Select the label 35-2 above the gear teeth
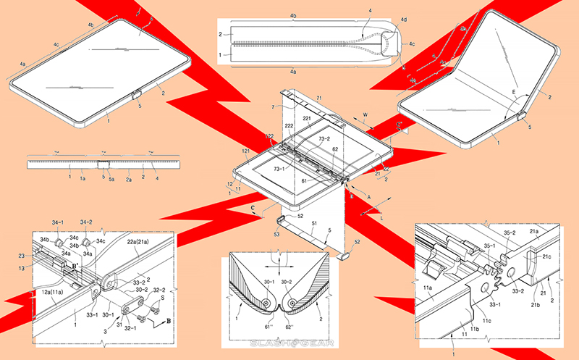click(507, 233)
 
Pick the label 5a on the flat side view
click(112, 177)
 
